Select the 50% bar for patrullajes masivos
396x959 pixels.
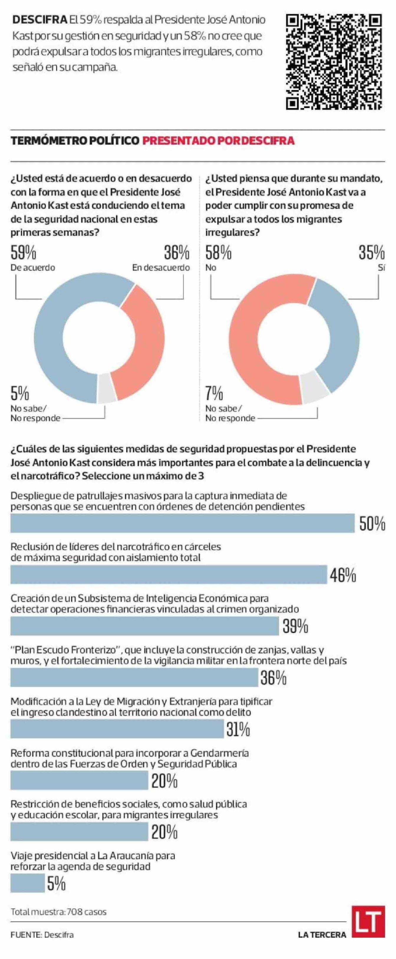pos(182,523)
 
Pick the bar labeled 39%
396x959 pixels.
pos(144,626)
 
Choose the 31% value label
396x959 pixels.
pos(238,729)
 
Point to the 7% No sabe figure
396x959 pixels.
pos(214,393)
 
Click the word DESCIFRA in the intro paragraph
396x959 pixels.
pos(39,20)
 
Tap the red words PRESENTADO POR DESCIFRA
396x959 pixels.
pos(218,140)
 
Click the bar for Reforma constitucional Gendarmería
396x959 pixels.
pos(79,780)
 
